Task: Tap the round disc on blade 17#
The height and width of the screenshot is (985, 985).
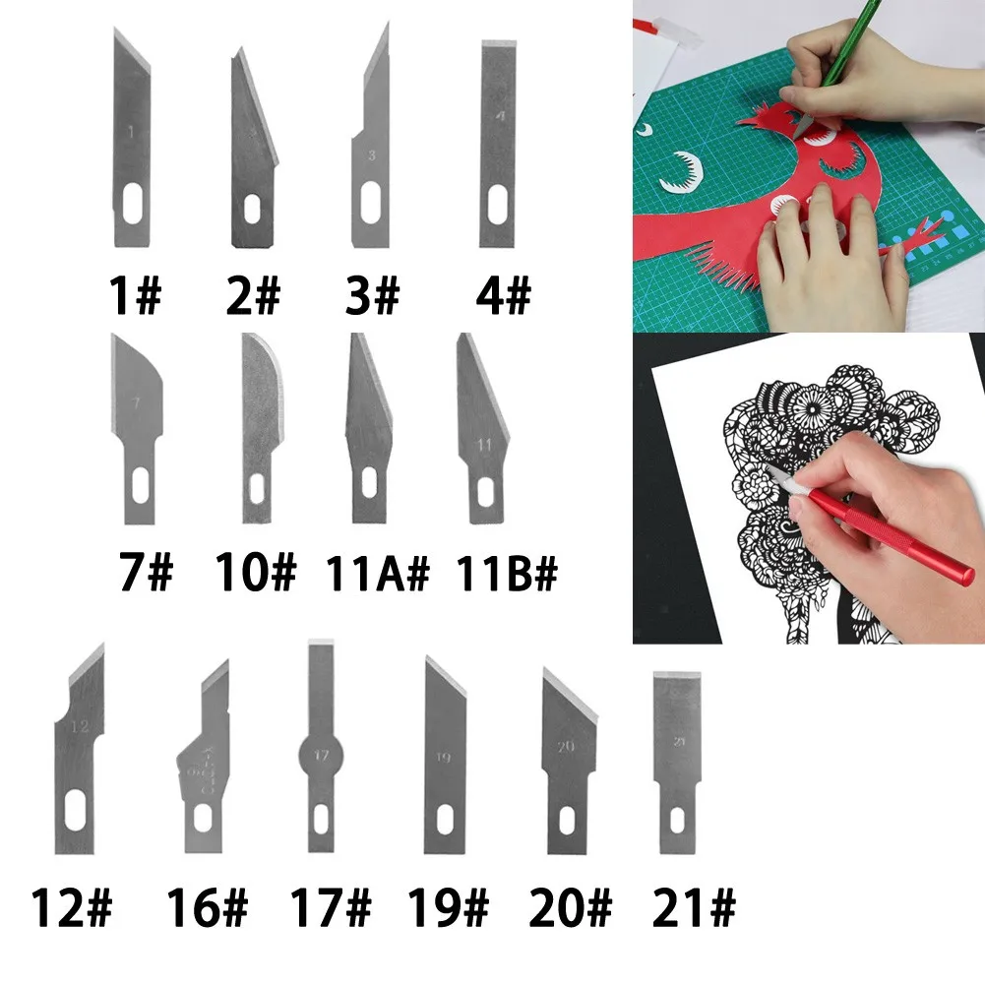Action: pyautogui.click(x=321, y=758)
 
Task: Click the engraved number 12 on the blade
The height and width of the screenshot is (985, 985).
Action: pyautogui.click(x=81, y=728)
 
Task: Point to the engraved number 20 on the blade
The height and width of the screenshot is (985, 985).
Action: pyautogui.click(x=565, y=747)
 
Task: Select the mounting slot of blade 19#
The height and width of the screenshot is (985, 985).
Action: pyautogui.click(x=445, y=815)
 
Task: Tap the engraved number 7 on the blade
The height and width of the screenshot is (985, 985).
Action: pyautogui.click(x=136, y=403)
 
